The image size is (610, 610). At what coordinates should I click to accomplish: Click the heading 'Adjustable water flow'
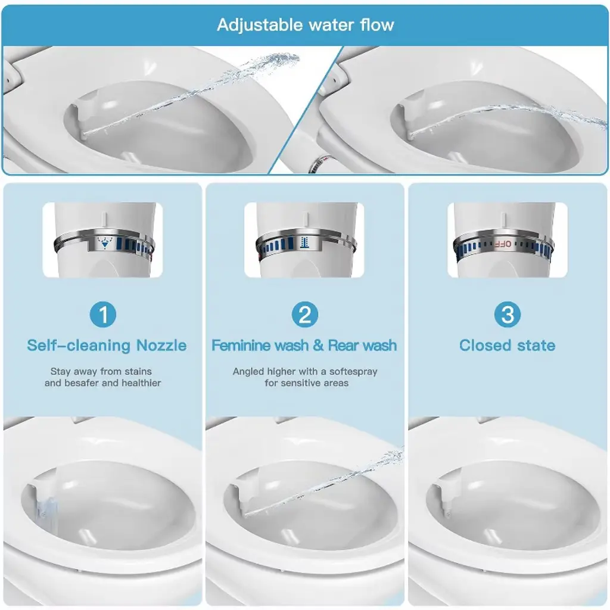coord(306,25)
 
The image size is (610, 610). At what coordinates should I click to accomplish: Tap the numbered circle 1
coord(103,315)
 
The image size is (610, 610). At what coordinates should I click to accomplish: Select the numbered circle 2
coord(305,315)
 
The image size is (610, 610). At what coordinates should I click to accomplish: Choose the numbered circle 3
coord(508,315)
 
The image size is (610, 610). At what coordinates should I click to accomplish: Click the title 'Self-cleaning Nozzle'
coord(107,345)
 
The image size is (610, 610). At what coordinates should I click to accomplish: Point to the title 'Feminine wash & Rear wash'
coord(304,345)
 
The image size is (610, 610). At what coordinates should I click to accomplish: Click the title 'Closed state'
coord(508,345)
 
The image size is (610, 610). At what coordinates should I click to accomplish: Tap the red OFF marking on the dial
coord(503,244)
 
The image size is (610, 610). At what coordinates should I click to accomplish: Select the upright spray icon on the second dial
coord(305,242)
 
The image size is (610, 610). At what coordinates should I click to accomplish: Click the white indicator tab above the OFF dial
coord(503,220)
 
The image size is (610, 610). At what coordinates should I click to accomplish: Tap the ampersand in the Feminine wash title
coord(318,345)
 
